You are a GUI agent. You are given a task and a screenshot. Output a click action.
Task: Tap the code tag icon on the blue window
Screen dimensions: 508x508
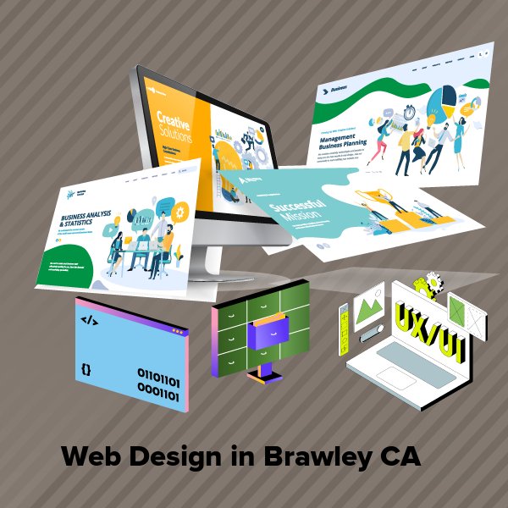(x=88, y=320)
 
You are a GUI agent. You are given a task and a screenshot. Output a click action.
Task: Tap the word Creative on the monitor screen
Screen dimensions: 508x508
(x=173, y=119)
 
